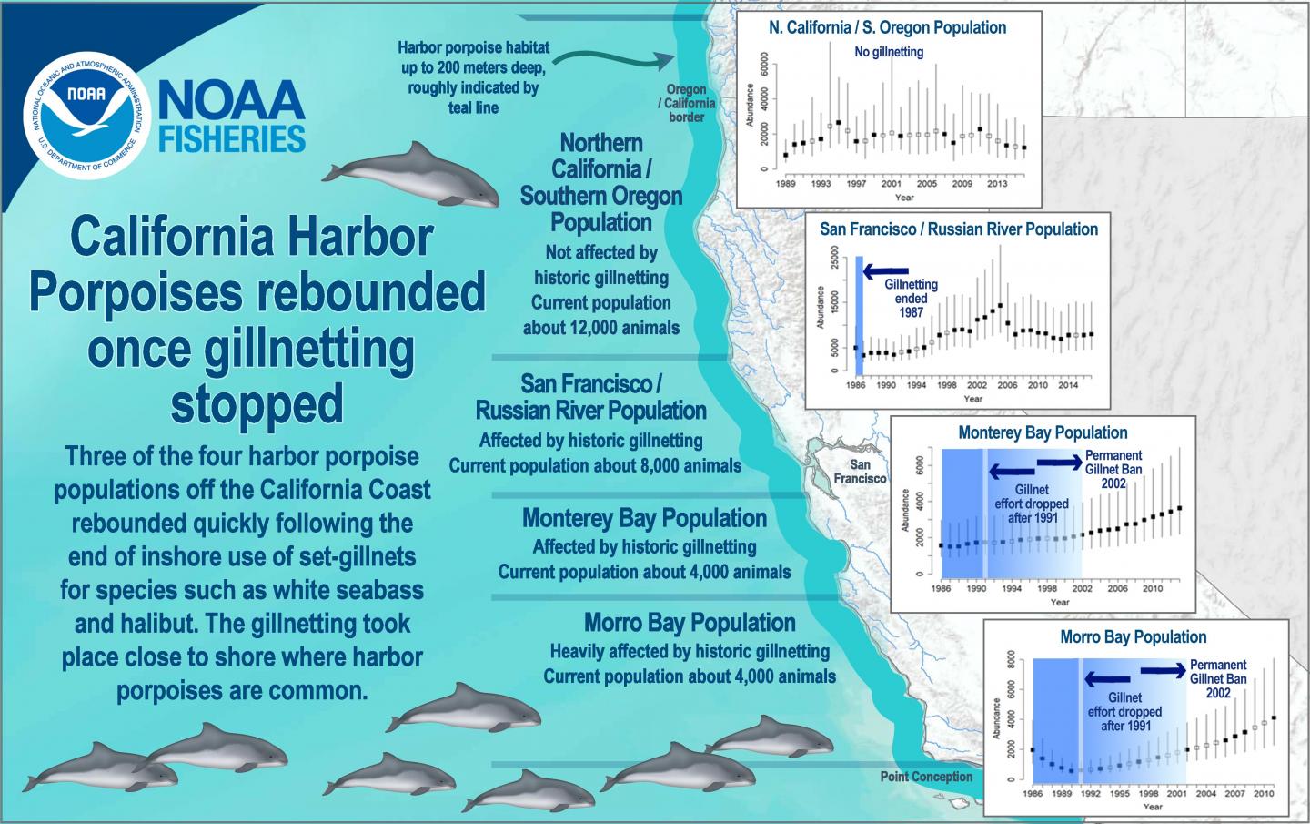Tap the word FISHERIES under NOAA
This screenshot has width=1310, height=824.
click(232, 139)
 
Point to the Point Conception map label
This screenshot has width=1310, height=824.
click(926, 777)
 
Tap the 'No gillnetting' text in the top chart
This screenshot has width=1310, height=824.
click(889, 52)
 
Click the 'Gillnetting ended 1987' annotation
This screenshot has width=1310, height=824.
click(911, 299)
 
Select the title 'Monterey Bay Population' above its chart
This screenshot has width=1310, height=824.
click(1043, 432)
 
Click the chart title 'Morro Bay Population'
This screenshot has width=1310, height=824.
click(1134, 637)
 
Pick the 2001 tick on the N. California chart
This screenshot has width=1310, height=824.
click(891, 184)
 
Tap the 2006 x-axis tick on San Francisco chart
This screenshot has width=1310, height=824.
click(1006, 385)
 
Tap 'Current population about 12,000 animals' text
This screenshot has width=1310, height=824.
click(600, 315)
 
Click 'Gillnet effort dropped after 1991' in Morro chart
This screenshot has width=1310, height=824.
click(1124, 712)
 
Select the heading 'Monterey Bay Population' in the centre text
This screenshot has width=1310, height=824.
click(644, 519)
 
